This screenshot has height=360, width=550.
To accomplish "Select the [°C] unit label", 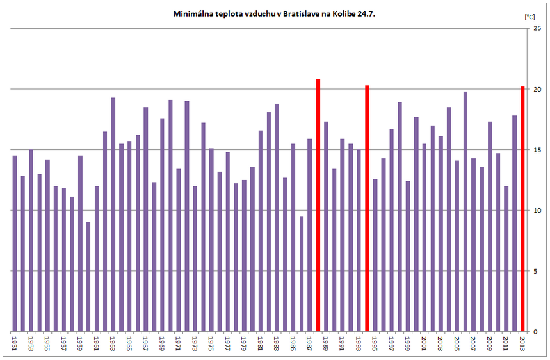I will (x=529, y=17).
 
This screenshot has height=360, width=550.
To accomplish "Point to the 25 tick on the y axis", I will (x=537, y=29).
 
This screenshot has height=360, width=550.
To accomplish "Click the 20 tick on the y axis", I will (x=537, y=90).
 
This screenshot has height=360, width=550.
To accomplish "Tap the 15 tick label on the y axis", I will (x=537, y=150).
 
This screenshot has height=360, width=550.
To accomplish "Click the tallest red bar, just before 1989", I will (x=318, y=205).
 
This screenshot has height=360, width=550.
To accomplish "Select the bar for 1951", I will (x=15, y=243).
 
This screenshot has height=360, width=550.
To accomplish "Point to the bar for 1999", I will (x=408, y=256).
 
